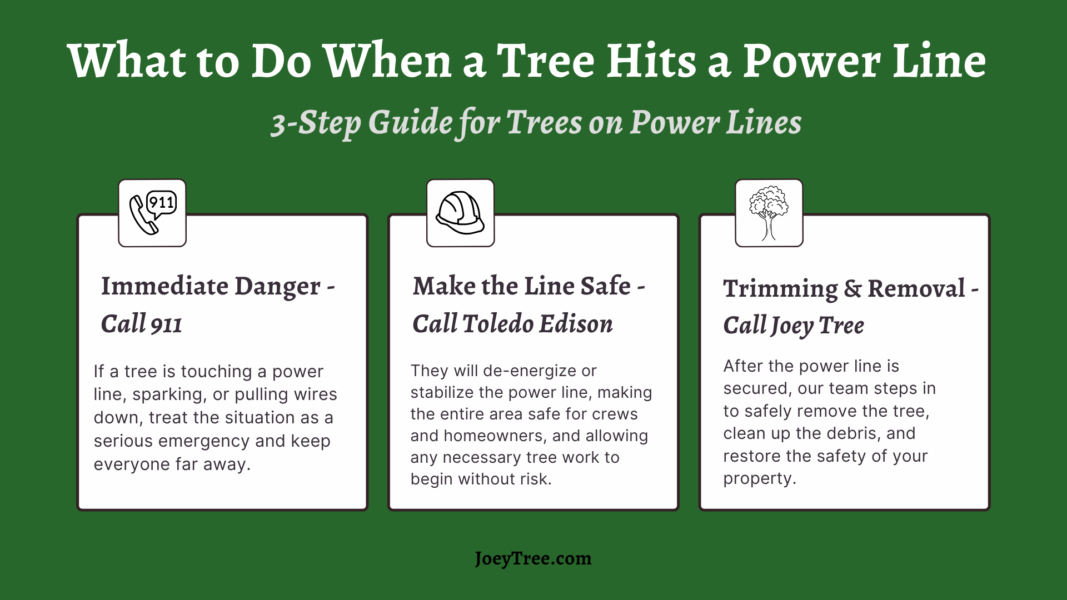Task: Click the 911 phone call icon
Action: tap(153, 213)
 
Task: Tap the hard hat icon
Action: tap(460, 213)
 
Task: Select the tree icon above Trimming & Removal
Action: tap(769, 213)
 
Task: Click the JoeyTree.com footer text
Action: tap(533, 558)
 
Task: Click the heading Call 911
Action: tap(142, 324)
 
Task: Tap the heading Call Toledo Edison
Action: tap(512, 324)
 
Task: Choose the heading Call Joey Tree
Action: tap(794, 326)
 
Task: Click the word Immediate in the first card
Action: tap(164, 286)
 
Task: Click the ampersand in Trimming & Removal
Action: tap(852, 289)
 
